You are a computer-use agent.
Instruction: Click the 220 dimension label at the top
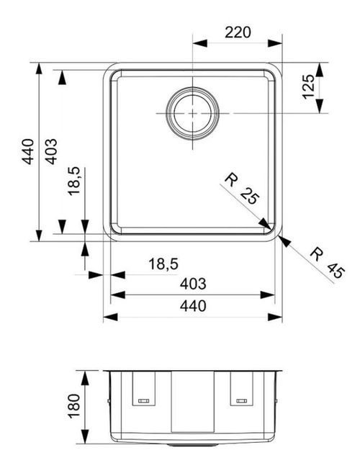[x=236, y=32]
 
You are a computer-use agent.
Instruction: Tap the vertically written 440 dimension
[x=27, y=152]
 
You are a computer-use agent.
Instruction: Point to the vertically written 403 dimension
[x=51, y=152]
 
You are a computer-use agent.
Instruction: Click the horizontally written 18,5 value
[x=163, y=264]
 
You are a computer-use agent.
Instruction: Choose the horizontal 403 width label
[x=192, y=284]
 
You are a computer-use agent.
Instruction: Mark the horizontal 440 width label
[x=192, y=307]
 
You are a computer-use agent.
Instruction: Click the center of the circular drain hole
[x=193, y=114]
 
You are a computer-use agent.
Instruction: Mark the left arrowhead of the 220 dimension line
[x=199, y=43]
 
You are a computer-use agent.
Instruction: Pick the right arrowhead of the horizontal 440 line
[x=276, y=317]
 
